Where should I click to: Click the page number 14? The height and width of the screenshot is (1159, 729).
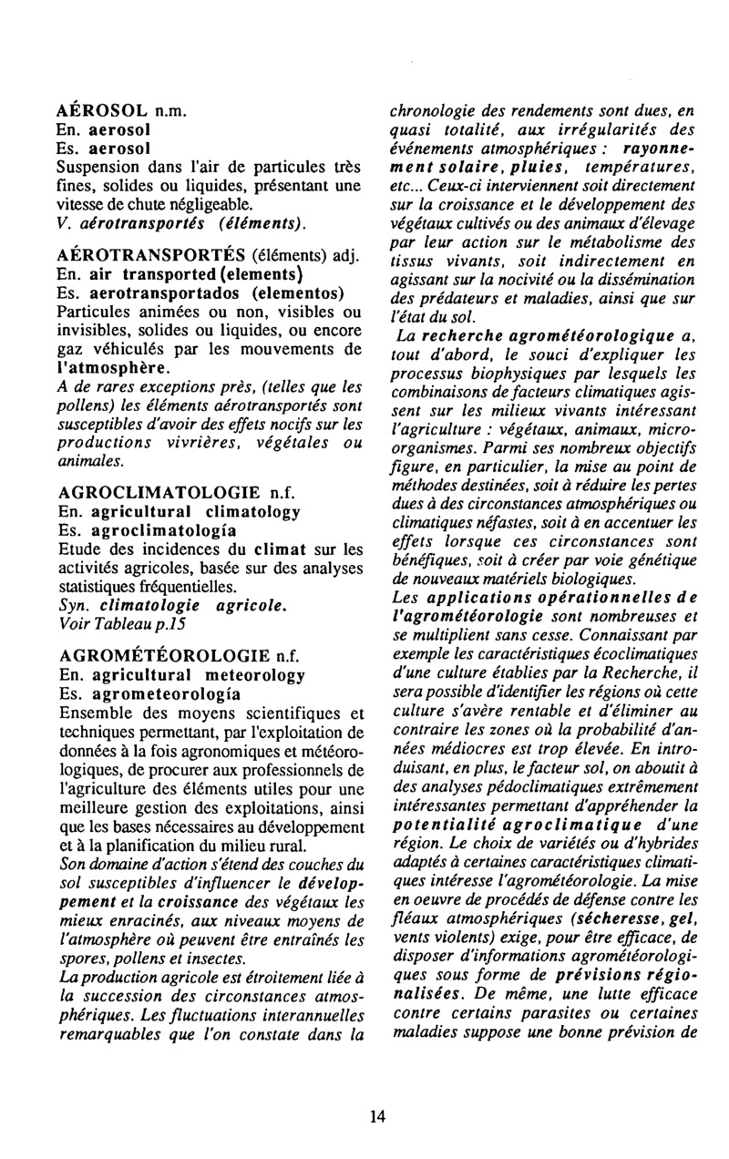[x=377, y=1113]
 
